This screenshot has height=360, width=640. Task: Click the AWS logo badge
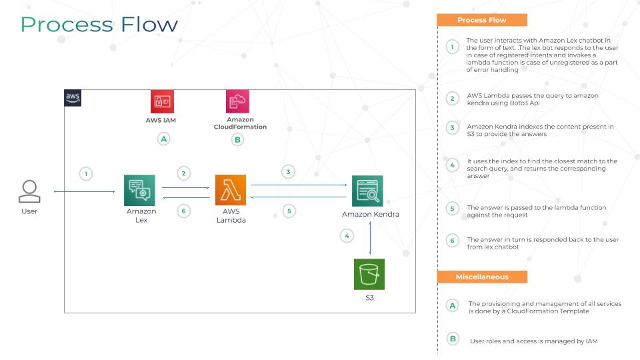coord(73,98)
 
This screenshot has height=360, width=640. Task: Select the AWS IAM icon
coord(162,101)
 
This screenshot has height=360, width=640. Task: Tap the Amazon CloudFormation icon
coord(237,101)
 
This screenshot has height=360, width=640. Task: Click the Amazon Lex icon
coord(139,190)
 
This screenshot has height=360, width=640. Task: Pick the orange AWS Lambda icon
coord(231,190)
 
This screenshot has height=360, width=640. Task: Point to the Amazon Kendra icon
coord(367,191)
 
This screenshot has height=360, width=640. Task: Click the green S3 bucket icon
coord(369,274)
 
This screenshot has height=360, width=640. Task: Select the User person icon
coord(29,191)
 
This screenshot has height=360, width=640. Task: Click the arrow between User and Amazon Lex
coord(84,191)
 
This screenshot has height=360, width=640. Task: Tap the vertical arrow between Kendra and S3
coord(370,238)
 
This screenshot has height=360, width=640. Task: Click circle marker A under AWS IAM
coord(164,139)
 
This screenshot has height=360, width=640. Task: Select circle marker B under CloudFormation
coord(237,140)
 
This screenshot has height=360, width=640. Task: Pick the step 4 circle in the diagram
coord(347,236)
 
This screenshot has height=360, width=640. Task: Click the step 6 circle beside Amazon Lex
coord(184,211)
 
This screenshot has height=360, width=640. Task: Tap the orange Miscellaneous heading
coord(482,277)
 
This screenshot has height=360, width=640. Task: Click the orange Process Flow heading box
coord(482,20)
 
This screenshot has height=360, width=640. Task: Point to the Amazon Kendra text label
coord(371,214)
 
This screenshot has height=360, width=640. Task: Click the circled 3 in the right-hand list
coord(452,128)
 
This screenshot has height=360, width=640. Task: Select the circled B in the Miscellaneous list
coord(453,339)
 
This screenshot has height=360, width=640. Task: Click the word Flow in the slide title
coord(149,25)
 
